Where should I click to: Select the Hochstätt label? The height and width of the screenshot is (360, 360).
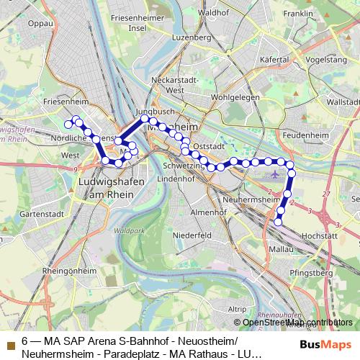point(320,235)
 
